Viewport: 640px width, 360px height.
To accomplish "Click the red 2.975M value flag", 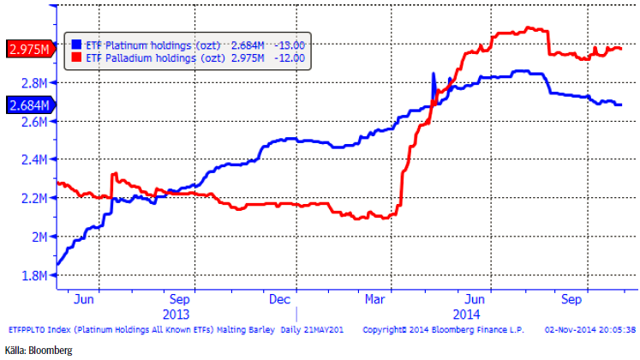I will [x=27, y=49].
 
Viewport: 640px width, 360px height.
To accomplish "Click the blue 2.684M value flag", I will [x=27, y=105].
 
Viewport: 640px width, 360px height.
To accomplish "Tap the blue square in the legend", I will [x=76, y=43].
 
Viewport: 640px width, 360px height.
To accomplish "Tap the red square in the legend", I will [x=76, y=57].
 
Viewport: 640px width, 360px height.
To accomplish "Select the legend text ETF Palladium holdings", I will [x=142, y=57].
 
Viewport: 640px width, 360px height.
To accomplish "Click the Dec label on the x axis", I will [x=279, y=301].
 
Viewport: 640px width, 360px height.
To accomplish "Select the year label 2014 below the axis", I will [x=466, y=315].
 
